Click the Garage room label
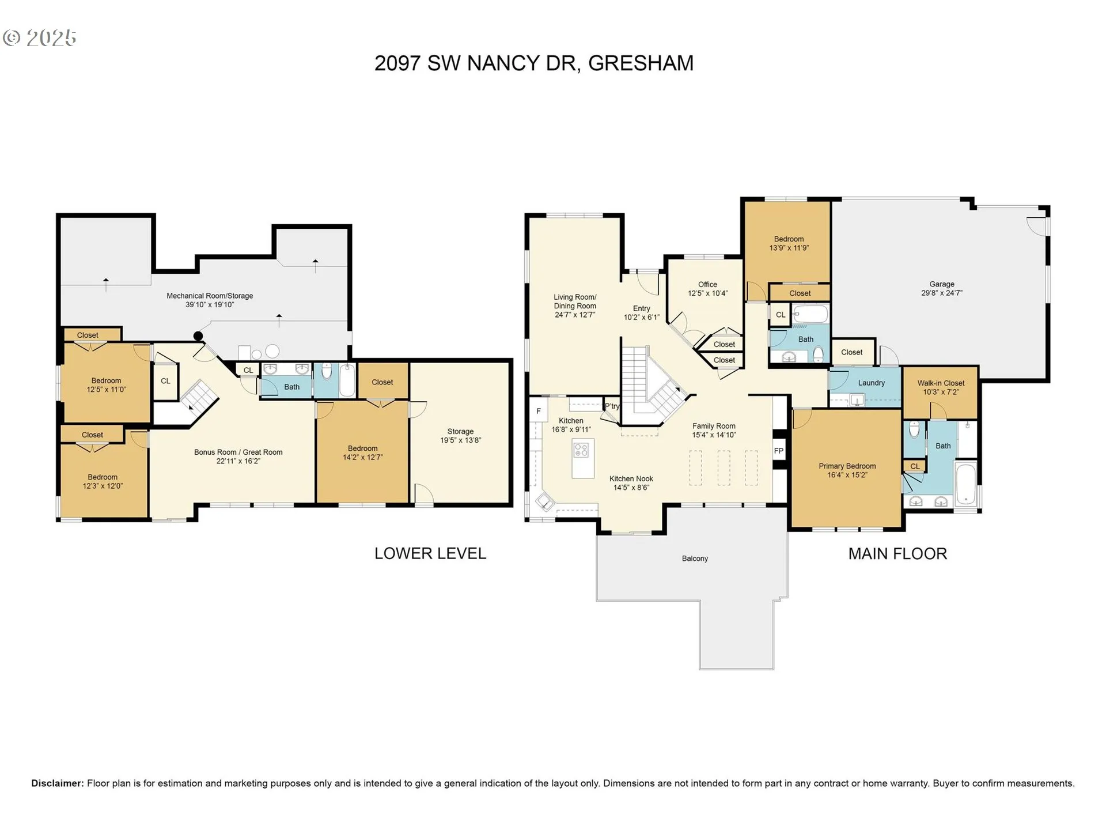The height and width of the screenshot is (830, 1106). click(x=942, y=284)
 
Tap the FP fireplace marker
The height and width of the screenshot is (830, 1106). click(x=779, y=451)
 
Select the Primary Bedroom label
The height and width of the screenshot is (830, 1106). click(x=847, y=466)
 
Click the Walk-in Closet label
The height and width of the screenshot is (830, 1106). click(x=941, y=383)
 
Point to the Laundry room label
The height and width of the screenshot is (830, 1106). click(x=871, y=383)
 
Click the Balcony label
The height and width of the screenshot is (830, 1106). click(x=695, y=559)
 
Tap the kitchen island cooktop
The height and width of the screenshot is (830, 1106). click(x=582, y=450)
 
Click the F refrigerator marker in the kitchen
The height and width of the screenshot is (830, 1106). click(x=539, y=411)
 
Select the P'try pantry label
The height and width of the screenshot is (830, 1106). click(x=612, y=406)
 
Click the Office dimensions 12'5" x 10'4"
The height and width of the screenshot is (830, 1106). click(x=707, y=293)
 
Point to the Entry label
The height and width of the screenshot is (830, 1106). click(x=641, y=308)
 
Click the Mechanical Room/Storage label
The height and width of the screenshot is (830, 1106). click(x=210, y=296)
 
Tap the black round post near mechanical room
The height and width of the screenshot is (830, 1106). click(x=198, y=336)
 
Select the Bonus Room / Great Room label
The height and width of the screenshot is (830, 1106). click(x=238, y=452)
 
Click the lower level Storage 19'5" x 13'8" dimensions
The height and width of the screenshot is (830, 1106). click(x=460, y=440)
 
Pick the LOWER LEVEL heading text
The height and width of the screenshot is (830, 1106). click(x=430, y=553)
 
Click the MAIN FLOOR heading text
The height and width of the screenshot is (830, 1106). click(x=897, y=554)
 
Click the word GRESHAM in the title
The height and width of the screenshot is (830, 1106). click(x=641, y=63)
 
